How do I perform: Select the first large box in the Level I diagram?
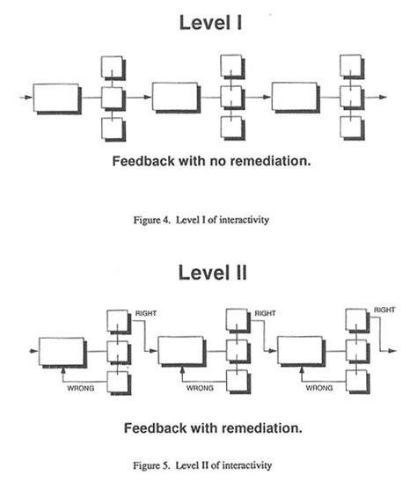click(x=55, y=97)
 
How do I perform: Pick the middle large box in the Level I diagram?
click(x=174, y=97)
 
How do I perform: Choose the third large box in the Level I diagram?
click(x=294, y=97)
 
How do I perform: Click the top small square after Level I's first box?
click(x=113, y=67)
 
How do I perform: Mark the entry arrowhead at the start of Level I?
click(x=23, y=97)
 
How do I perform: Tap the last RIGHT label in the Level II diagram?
click(x=384, y=310)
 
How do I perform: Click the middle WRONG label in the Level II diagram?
click(x=200, y=386)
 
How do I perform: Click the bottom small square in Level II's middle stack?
click(x=236, y=381)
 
